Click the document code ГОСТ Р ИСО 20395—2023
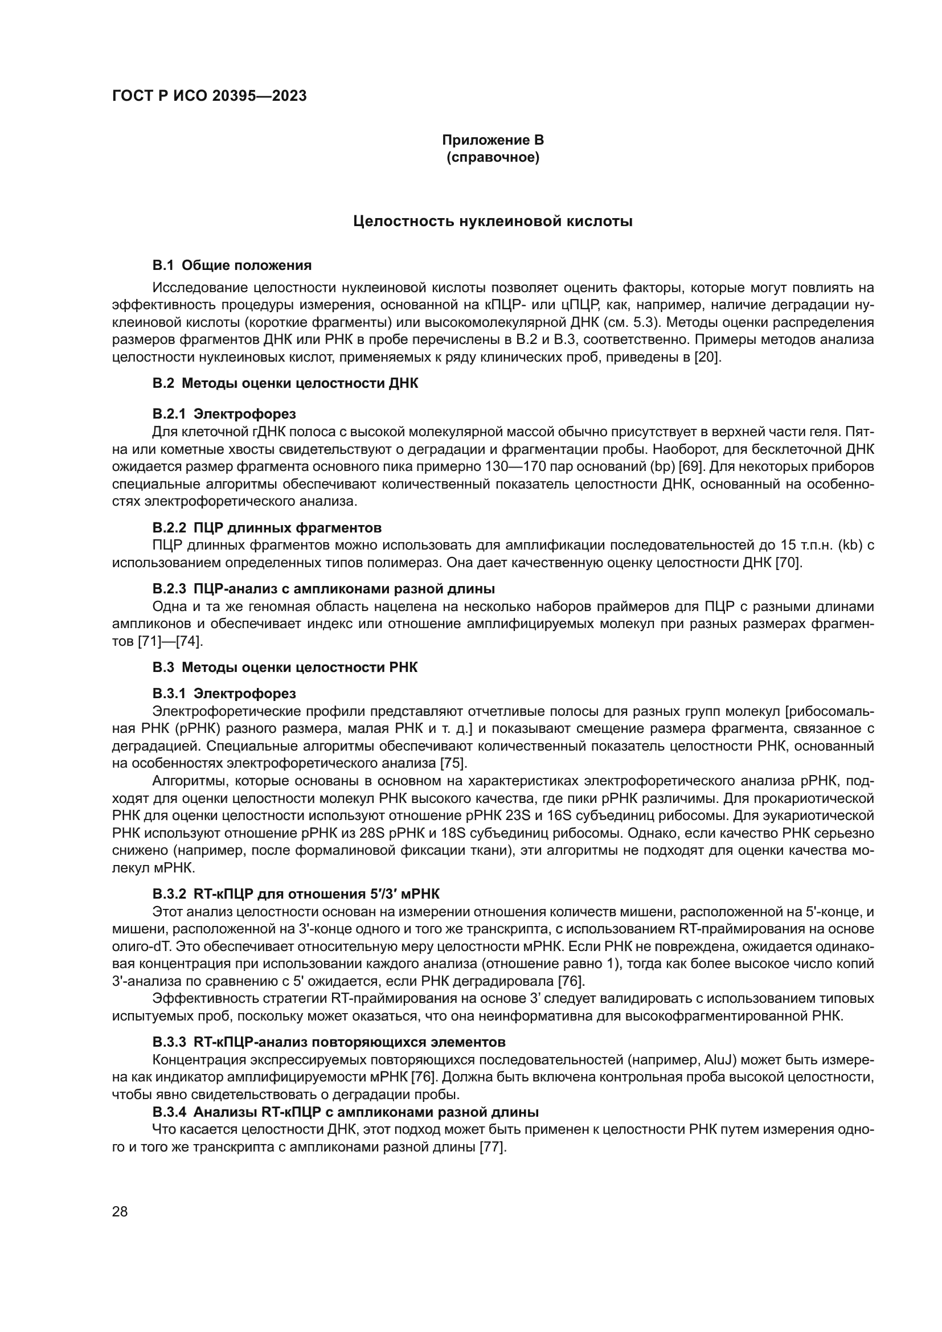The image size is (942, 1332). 209,96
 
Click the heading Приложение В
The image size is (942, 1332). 493,140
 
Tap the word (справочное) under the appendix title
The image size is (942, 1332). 493,157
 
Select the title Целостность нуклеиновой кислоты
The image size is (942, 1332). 493,221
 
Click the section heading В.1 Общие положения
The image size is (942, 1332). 232,266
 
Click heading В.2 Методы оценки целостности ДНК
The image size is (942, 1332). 285,383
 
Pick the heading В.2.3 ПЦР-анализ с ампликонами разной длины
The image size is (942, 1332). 323,589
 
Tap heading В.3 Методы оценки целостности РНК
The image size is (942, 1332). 285,667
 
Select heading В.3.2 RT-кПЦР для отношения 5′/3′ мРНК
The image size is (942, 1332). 300,894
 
